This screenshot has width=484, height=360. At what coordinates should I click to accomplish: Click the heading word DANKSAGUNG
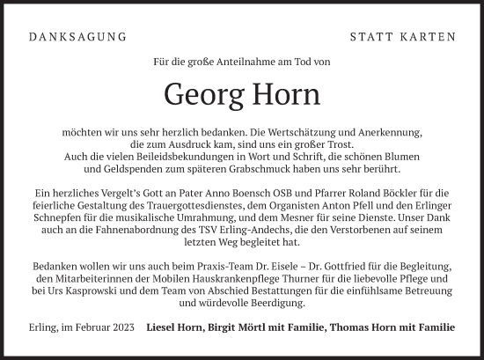pos(77,37)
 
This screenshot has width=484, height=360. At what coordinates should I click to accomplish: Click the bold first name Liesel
pos(164,329)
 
